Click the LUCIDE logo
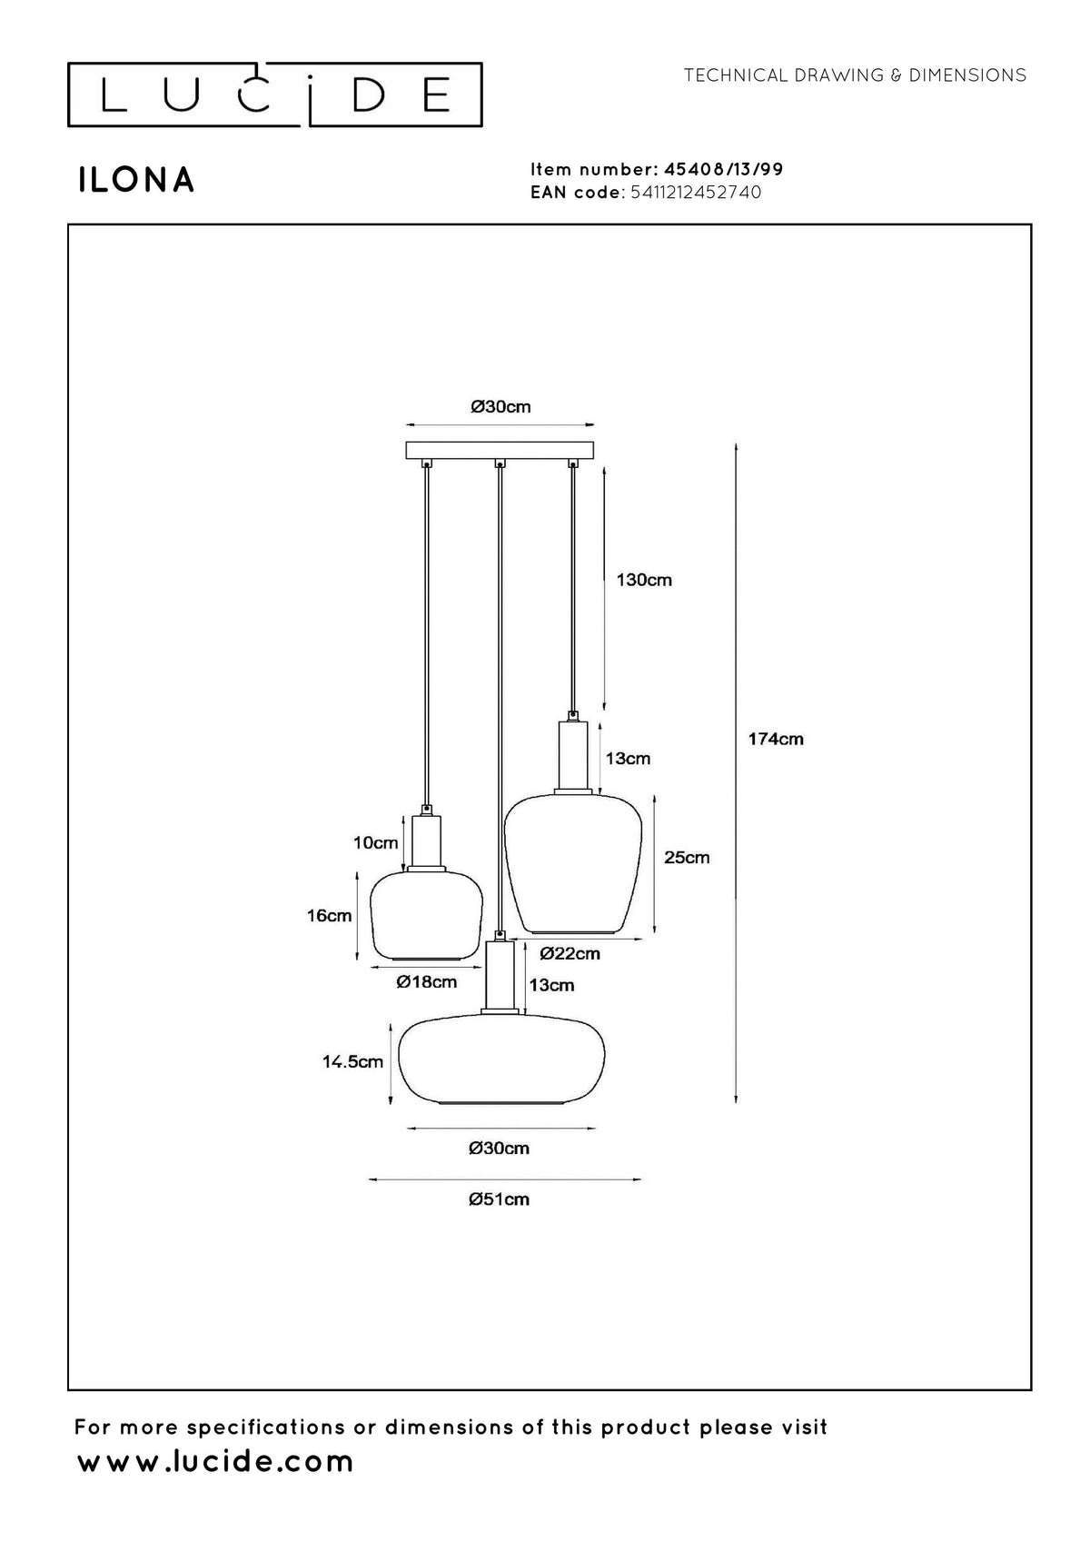point(274,95)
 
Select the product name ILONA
point(136,180)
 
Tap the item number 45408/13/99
point(723,169)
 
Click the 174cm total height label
point(776,739)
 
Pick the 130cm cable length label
point(644,580)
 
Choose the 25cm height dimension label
point(687,857)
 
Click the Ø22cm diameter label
point(570,953)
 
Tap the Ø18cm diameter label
point(427,981)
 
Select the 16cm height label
point(329,916)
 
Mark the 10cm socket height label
point(376,842)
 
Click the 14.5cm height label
point(352,1061)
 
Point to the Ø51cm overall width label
point(499,1199)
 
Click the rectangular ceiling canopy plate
point(500,450)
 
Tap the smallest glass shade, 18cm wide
point(427,916)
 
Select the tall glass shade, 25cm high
point(572,864)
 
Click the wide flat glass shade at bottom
point(501,1060)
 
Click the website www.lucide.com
point(215,1461)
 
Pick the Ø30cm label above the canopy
point(500,407)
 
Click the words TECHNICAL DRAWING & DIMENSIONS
point(855,75)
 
